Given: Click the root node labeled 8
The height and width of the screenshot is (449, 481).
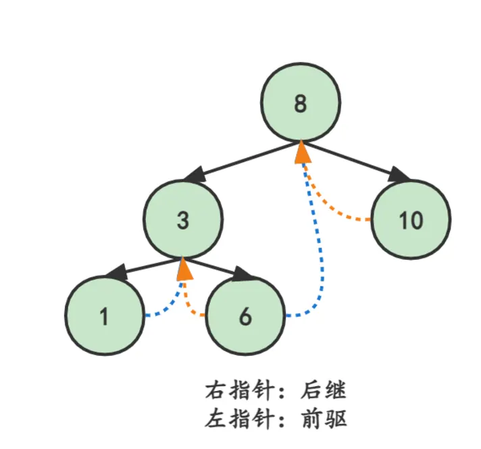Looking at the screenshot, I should tap(301, 104).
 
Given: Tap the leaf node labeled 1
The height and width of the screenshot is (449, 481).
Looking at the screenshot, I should tap(104, 315).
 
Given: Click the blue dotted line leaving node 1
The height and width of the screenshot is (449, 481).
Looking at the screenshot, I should tap(169, 307).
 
